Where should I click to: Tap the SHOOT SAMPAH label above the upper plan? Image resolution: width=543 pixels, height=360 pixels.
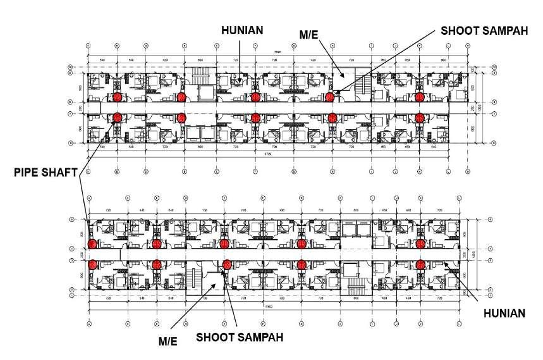tap(484, 30)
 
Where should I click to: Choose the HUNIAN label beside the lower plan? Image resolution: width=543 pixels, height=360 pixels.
tap(503, 313)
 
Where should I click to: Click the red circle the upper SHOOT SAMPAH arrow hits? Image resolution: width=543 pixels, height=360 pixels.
tap(330, 97)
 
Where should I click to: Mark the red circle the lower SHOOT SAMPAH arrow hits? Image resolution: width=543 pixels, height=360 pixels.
tap(227, 264)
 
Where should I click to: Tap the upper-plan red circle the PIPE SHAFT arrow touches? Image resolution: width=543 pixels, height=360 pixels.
tap(117, 117)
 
